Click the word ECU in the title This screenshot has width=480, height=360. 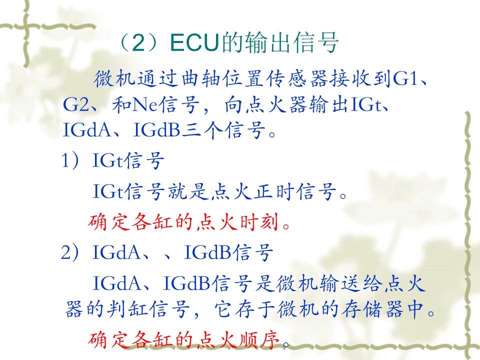[x=195, y=42]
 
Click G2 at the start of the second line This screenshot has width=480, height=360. [x=75, y=104]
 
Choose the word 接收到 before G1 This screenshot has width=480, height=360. [x=360, y=78]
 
